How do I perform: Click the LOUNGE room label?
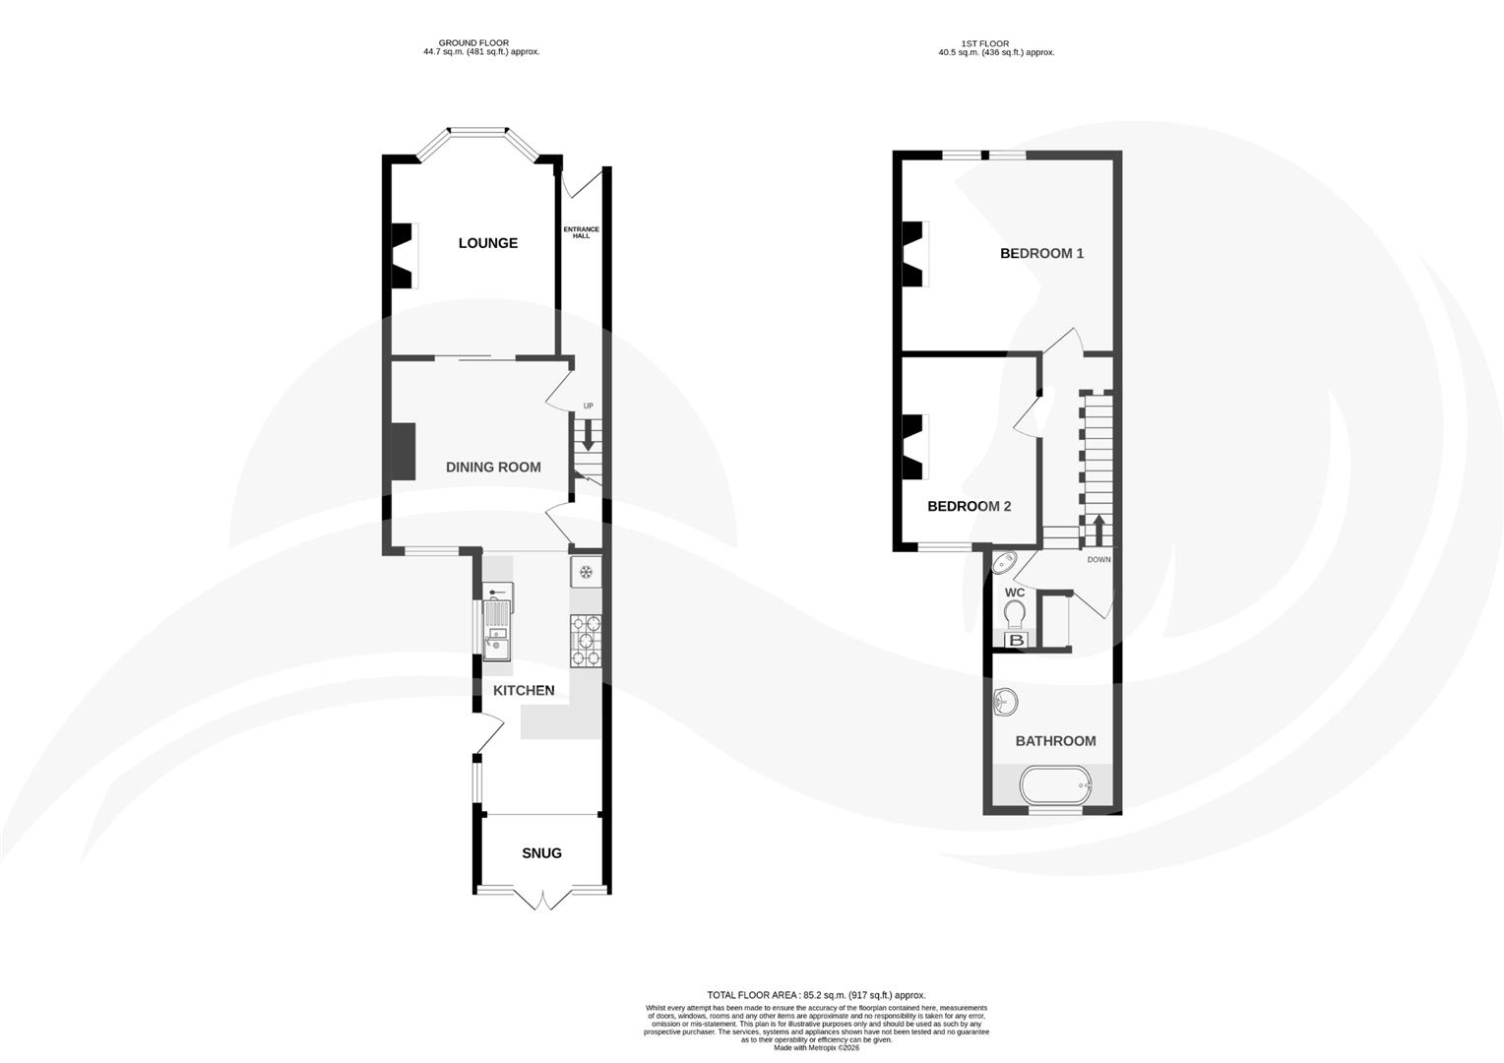[487, 243]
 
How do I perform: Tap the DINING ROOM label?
[493, 468]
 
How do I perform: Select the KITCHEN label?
[524, 691]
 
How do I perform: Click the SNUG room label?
[541, 853]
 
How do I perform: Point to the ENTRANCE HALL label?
[581, 233]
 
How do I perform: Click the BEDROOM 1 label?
[1041, 253]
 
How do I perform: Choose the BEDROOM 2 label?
[970, 507]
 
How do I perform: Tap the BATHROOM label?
[1055, 741]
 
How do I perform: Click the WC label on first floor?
[1015, 593]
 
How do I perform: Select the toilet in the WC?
[1015, 614]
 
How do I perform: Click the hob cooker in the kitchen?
[586, 640]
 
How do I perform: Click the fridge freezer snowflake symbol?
[586, 572]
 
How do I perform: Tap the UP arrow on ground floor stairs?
[589, 433]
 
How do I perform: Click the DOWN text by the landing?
[1098, 560]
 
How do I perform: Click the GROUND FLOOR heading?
[474, 43]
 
